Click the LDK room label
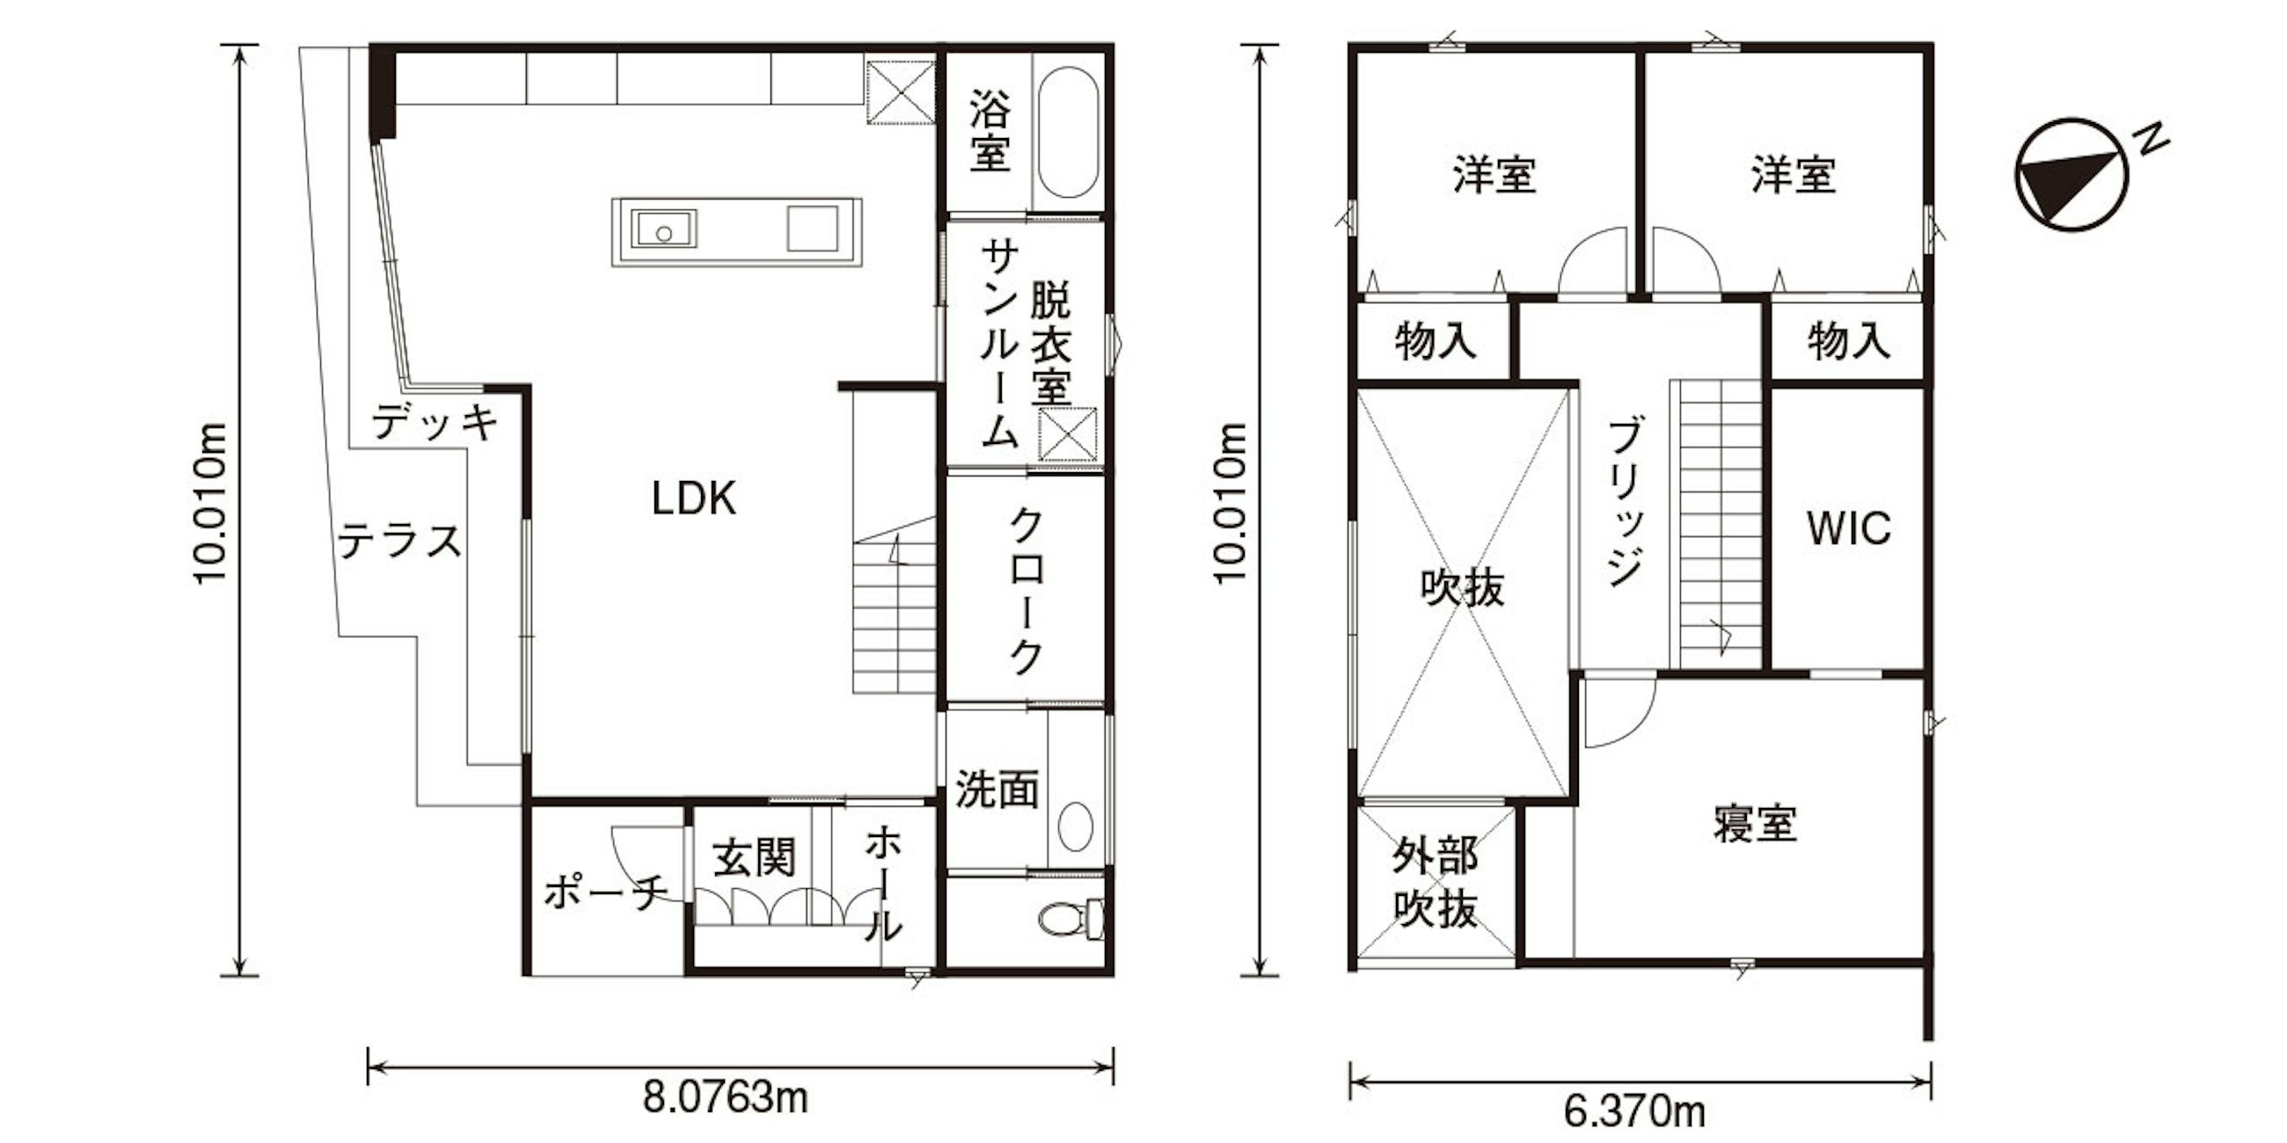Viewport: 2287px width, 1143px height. (x=693, y=499)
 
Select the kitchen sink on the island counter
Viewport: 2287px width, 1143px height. (x=663, y=229)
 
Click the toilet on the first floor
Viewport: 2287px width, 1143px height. (x=1071, y=920)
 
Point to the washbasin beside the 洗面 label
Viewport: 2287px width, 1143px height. (x=1075, y=826)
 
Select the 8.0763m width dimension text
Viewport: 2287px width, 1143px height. (x=726, y=1098)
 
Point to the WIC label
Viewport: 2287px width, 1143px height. (x=1848, y=528)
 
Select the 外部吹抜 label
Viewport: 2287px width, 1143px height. (x=1436, y=882)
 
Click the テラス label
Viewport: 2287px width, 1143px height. (x=399, y=541)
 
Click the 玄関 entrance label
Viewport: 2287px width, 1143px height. (x=754, y=858)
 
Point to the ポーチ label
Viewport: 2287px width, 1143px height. (x=606, y=891)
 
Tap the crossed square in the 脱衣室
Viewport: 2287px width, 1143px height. (x=1069, y=434)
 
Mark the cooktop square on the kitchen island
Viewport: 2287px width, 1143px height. (x=813, y=228)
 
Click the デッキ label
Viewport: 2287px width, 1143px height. (x=435, y=421)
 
